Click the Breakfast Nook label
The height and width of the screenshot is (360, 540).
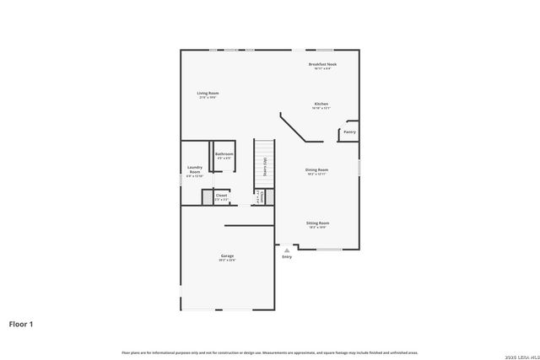[x=321, y=64]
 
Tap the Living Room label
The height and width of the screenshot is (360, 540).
[x=208, y=94]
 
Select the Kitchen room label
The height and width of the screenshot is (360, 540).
[x=321, y=105]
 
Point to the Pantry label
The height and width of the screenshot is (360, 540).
[x=349, y=132]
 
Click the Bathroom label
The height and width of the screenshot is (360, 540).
[x=224, y=154]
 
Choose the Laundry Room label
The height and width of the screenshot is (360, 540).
[x=195, y=171]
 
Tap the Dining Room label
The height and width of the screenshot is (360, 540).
[x=316, y=169]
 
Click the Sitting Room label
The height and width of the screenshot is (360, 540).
[x=317, y=223]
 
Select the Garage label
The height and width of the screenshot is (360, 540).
[x=227, y=256]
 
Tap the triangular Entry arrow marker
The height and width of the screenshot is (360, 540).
[x=287, y=250]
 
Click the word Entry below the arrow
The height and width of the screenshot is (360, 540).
[x=287, y=257]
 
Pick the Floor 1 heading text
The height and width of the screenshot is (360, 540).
[x=22, y=323]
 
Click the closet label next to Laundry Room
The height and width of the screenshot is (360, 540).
[x=221, y=196]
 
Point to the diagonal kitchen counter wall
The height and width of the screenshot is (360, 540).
[x=295, y=131]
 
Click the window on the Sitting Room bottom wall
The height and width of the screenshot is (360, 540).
[x=328, y=249]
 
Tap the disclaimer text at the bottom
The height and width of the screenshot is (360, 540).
[x=269, y=352]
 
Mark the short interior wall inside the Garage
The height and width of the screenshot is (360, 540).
[x=249, y=226]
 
